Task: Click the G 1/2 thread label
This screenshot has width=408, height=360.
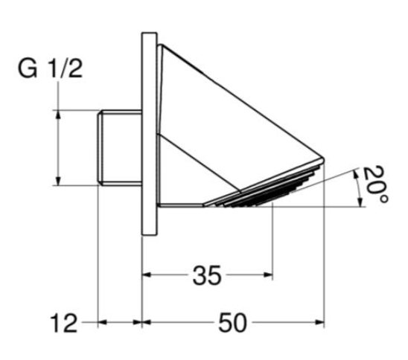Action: (50, 69)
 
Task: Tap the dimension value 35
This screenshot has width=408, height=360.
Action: (207, 275)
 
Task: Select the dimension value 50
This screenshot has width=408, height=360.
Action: (232, 323)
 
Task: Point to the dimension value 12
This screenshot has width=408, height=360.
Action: (64, 323)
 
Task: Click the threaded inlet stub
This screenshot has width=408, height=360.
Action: (120, 147)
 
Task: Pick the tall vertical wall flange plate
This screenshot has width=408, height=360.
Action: (150, 134)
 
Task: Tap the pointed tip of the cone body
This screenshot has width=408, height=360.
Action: (323, 158)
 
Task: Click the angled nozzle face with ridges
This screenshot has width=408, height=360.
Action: (263, 185)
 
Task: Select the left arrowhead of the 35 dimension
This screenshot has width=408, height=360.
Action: (147, 274)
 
